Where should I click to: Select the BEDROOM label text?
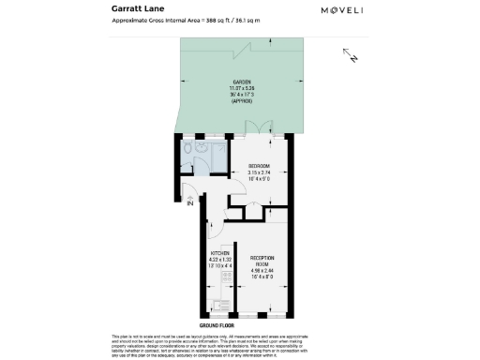(x=259, y=166)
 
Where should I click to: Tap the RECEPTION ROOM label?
(x=262, y=259)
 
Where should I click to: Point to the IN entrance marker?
(x=189, y=202)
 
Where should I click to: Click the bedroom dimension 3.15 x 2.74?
(x=259, y=172)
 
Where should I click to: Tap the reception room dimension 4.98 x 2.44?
(x=262, y=272)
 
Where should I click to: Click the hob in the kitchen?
(x=220, y=302)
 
